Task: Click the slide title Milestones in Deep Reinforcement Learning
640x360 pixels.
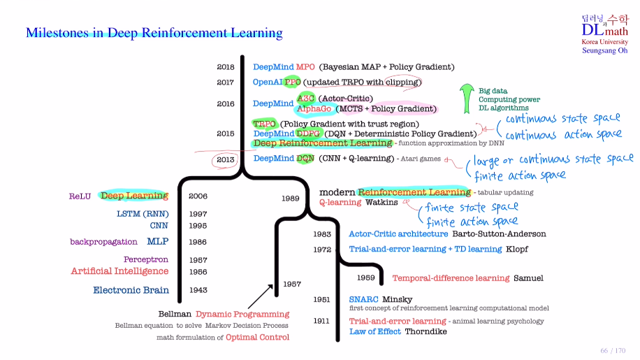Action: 154,33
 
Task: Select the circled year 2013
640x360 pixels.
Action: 225,159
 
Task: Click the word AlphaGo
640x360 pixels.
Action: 314,109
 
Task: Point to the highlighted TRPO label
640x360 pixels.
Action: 265,124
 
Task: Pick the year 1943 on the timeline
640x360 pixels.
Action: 198,290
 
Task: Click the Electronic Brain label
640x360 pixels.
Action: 131,290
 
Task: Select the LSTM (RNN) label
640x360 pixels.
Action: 142,214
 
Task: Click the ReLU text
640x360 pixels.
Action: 80,196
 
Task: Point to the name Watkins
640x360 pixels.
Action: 381,202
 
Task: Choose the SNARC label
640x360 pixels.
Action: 363,298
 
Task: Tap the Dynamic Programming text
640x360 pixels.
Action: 242,315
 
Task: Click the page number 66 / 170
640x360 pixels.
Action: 613,350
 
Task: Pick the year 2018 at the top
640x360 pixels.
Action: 225,67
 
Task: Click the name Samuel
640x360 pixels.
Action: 528,278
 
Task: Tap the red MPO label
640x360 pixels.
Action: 305,67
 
